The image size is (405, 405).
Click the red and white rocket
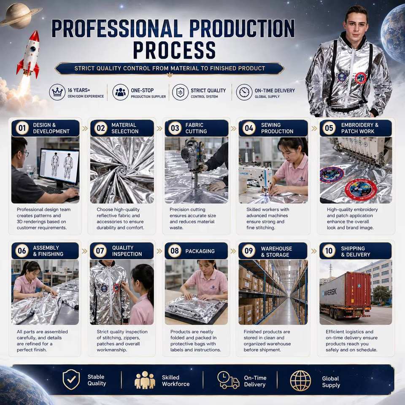click(28, 54)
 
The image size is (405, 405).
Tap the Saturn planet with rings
click(19, 16)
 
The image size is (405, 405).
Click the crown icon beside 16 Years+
click(57, 92)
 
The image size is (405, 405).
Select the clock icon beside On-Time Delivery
click(244, 92)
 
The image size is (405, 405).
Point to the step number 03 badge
click(175, 128)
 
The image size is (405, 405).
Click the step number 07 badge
click(100, 251)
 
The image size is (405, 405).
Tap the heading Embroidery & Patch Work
click(359, 128)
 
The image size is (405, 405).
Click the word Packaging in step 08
click(200, 251)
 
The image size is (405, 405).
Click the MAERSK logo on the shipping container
click(330, 292)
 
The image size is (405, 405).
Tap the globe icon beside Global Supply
click(300, 381)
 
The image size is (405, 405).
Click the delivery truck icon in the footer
click(228, 380)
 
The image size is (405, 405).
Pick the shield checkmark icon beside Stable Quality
click(71, 379)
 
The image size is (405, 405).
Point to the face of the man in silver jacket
click(356, 24)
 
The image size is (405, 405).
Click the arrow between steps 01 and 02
click(85, 128)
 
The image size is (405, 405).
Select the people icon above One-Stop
click(120, 92)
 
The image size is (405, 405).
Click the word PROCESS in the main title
click(174, 50)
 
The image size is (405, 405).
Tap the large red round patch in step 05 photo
click(361, 189)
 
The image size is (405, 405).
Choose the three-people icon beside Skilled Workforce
click(145, 380)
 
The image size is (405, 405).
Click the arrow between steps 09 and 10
click(313, 251)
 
